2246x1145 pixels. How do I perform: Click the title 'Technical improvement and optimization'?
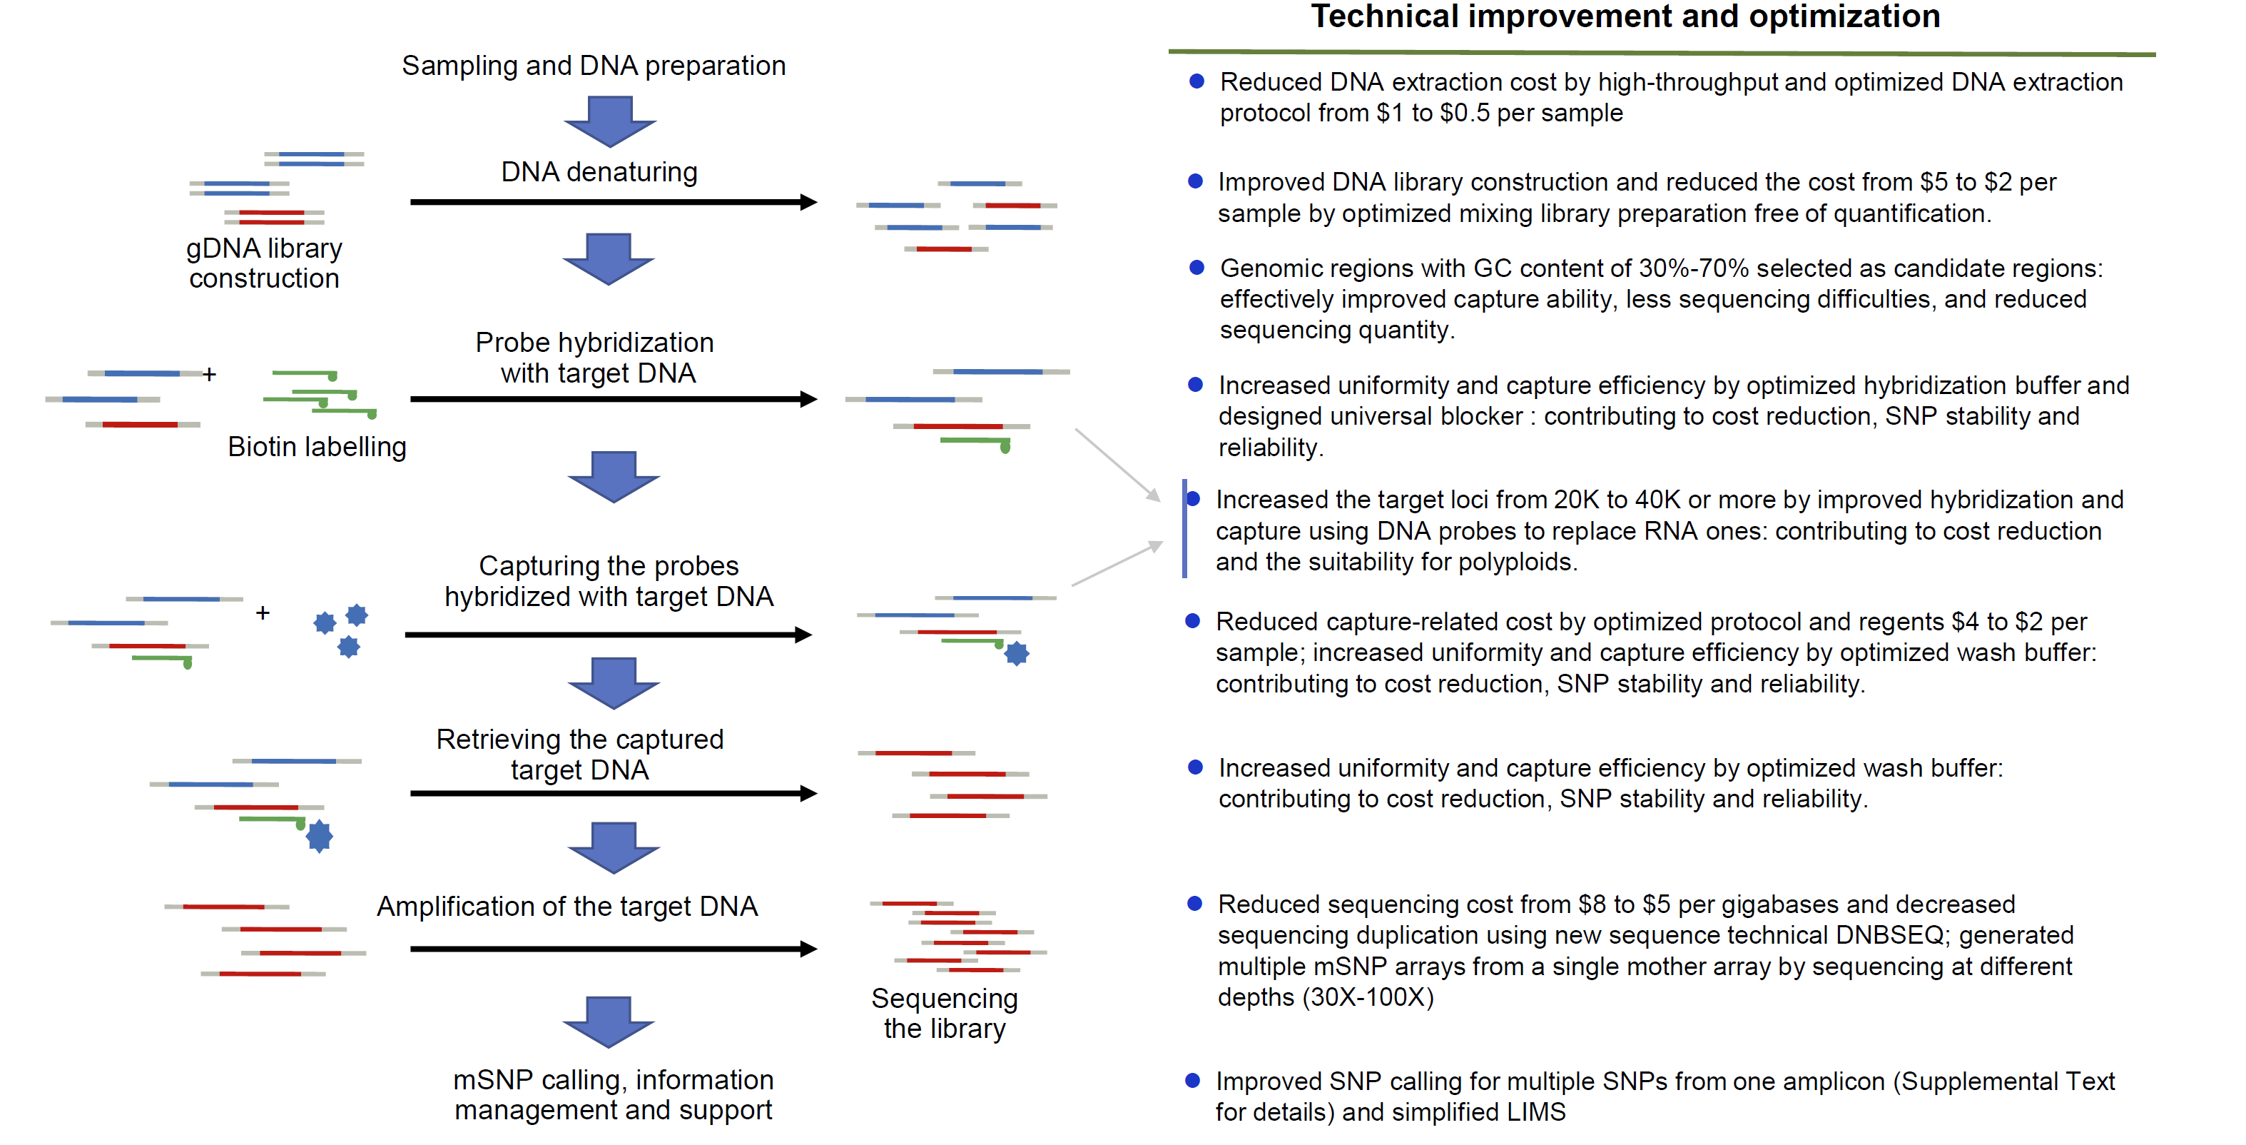(x=1625, y=17)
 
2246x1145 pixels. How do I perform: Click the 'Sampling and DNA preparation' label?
(x=593, y=66)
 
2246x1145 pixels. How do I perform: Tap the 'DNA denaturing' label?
(x=599, y=172)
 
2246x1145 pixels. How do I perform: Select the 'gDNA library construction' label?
(x=264, y=263)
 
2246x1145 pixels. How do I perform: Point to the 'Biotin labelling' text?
(x=317, y=446)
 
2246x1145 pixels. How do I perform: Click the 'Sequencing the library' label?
(x=944, y=1014)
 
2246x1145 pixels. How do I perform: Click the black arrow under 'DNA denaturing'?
(x=613, y=202)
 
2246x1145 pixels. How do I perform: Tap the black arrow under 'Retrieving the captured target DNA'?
(x=613, y=794)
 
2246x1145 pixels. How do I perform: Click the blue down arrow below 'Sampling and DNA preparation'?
(x=609, y=121)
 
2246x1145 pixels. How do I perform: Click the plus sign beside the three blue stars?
(x=263, y=613)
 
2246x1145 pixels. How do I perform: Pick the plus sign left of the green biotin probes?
(x=209, y=375)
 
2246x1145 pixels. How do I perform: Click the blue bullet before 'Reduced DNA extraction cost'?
(x=1197, y=81)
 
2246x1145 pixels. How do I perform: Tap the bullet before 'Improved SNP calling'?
(x=1193, y=1081)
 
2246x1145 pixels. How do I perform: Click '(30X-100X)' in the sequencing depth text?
(x=1367, y=998)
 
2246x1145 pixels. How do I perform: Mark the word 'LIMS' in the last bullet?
(x=1540, y=1113)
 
